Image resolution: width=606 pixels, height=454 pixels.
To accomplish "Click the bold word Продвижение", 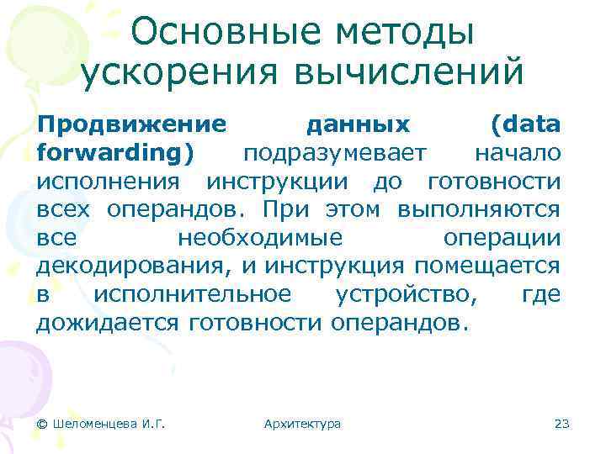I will tap(131, 124).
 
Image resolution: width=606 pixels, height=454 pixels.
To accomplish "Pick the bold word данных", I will tap(358, 124).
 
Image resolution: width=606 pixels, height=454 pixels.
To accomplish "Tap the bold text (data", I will tap(525, 124).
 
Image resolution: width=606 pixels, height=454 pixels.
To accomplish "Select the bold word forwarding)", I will tap(114, 153).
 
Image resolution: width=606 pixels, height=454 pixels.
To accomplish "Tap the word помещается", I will tap(487, 267).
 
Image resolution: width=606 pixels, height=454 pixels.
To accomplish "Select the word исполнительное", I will tap(193, 294).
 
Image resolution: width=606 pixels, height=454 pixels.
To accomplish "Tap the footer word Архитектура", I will tap(302, 424).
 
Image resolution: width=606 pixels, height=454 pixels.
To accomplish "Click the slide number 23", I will tap(562, 424).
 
